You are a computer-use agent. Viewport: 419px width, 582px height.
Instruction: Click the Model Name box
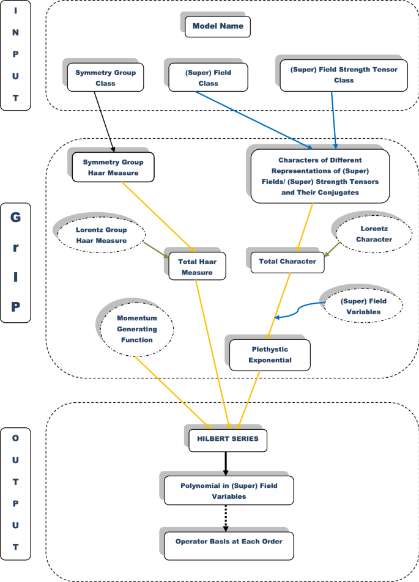pyautogui.click(x=218, y=26)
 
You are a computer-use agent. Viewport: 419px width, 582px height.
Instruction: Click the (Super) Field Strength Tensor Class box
pyautogui.click(x=343, y=75)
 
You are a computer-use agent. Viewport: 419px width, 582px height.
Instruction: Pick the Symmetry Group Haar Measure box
pyautogui.click(x=113, y=167)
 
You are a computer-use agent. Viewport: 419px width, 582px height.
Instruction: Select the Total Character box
pyautogui.click(x=287, y=261)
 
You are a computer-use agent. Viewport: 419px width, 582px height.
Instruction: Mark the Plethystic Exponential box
pyautogui.click(x=270, y=355)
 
